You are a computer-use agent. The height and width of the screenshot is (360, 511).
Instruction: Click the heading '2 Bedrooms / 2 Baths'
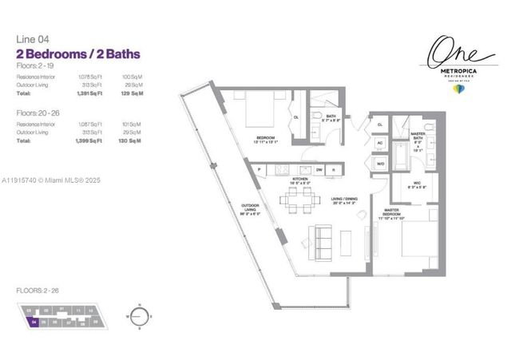coord(78,54)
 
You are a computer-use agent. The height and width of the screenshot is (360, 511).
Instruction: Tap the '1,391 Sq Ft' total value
coord(94,95)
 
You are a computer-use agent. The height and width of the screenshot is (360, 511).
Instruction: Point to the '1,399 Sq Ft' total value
coord(94,140)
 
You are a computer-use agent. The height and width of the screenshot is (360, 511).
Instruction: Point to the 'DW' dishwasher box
coord(319,169)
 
